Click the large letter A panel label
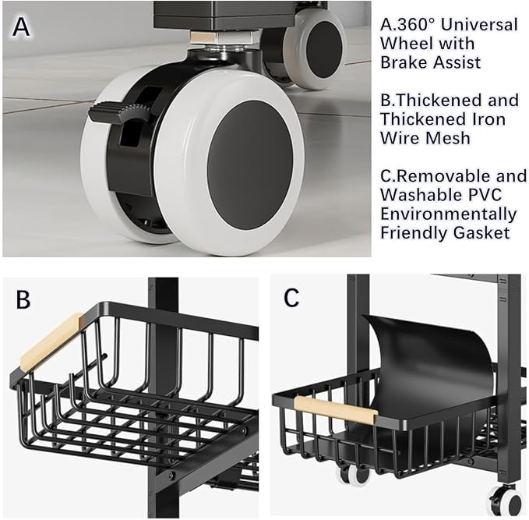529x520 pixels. click(21, 27)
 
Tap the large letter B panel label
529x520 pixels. click(23, 299)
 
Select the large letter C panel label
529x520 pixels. click(291, 297)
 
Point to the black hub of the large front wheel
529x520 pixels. click(250, 164)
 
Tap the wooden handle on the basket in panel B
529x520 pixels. click(51, 341)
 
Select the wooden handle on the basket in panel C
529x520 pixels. click(335, 410)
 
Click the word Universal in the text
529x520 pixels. click(479, 25)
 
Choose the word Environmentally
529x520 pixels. click(449, 214)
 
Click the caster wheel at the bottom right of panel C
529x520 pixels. click(506, 502)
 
